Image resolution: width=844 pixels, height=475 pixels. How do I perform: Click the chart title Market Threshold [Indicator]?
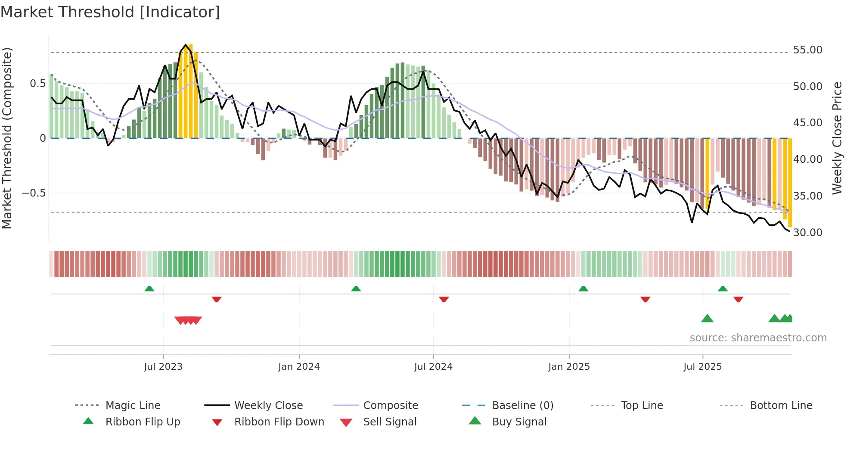[x=110, y=12]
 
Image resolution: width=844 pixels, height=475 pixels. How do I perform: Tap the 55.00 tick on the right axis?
[x=807, y=50]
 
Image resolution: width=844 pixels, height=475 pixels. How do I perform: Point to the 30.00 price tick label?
[x=807, y=233]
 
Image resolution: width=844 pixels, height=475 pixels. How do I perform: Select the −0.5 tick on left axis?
[x=34, y=193]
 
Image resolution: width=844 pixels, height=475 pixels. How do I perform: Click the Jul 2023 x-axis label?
[x=163, y=367]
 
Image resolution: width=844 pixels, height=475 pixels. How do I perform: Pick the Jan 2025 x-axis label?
[x=569, y=367]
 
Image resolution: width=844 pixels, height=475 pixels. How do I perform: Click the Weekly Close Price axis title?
[x=837, y=138]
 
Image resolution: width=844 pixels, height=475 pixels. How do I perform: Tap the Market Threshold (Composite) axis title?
[x=7, y=138]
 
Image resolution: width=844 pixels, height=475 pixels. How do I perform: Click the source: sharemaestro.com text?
[x=758, y=338]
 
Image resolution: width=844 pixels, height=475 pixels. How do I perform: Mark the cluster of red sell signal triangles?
[x=188, y=320]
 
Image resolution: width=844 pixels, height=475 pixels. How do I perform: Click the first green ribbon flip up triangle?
[x=149, y=289]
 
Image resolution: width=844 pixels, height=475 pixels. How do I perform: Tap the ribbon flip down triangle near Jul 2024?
[x=444, y=299]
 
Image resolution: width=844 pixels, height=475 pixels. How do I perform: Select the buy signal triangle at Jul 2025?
[x=707, y=319]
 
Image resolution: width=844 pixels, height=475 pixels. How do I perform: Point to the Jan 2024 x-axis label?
[x=299, y=367]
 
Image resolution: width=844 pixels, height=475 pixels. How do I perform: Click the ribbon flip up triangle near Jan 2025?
[x=583, y=289]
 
